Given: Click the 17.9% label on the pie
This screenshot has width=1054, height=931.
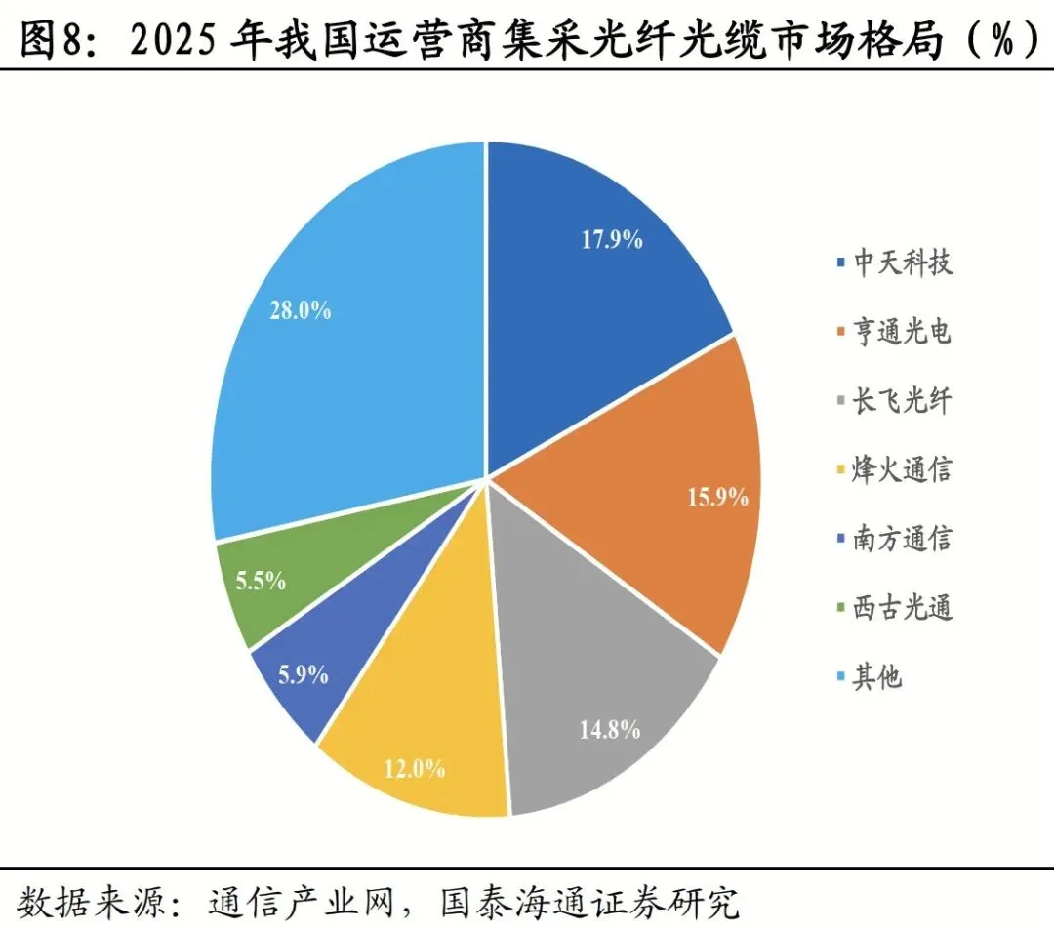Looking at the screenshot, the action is tap(612, 239).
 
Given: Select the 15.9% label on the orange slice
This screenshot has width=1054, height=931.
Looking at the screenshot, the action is tap(717, 498).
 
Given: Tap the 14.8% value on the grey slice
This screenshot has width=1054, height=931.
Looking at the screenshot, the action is tap(610, 729).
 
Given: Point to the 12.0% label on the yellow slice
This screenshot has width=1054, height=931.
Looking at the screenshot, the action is tap(414, 768).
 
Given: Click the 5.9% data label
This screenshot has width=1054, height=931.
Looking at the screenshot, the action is tap(304, 674).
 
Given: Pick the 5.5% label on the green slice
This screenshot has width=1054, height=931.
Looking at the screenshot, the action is tap(261, 580).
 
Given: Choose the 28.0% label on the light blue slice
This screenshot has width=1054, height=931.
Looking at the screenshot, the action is tap(301, 310).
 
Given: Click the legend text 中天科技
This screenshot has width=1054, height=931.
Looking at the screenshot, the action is tap(903, 262).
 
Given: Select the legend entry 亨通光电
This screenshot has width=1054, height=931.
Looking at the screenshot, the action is tap(902, 332).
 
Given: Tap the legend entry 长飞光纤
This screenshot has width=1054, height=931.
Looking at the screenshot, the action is tap(902, 401).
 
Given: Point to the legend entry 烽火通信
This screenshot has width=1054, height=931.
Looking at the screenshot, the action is tap(902, 469).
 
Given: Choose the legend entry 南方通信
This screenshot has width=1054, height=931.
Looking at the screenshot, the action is tap(902, 539).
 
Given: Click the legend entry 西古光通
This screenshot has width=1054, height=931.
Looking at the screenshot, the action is tap(902, 608).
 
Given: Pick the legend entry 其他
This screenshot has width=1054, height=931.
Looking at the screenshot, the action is tap(877, 676).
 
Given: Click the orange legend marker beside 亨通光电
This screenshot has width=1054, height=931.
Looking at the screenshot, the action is tap(840, 332).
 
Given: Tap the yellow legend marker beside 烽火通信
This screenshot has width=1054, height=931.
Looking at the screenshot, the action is tap(840, 469).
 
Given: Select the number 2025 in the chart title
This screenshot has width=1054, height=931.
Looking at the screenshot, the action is tap(174, 40).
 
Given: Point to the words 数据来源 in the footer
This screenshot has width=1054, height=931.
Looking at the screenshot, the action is tap(90, 902).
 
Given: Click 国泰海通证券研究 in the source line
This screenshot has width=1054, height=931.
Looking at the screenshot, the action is tap(590, 902).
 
